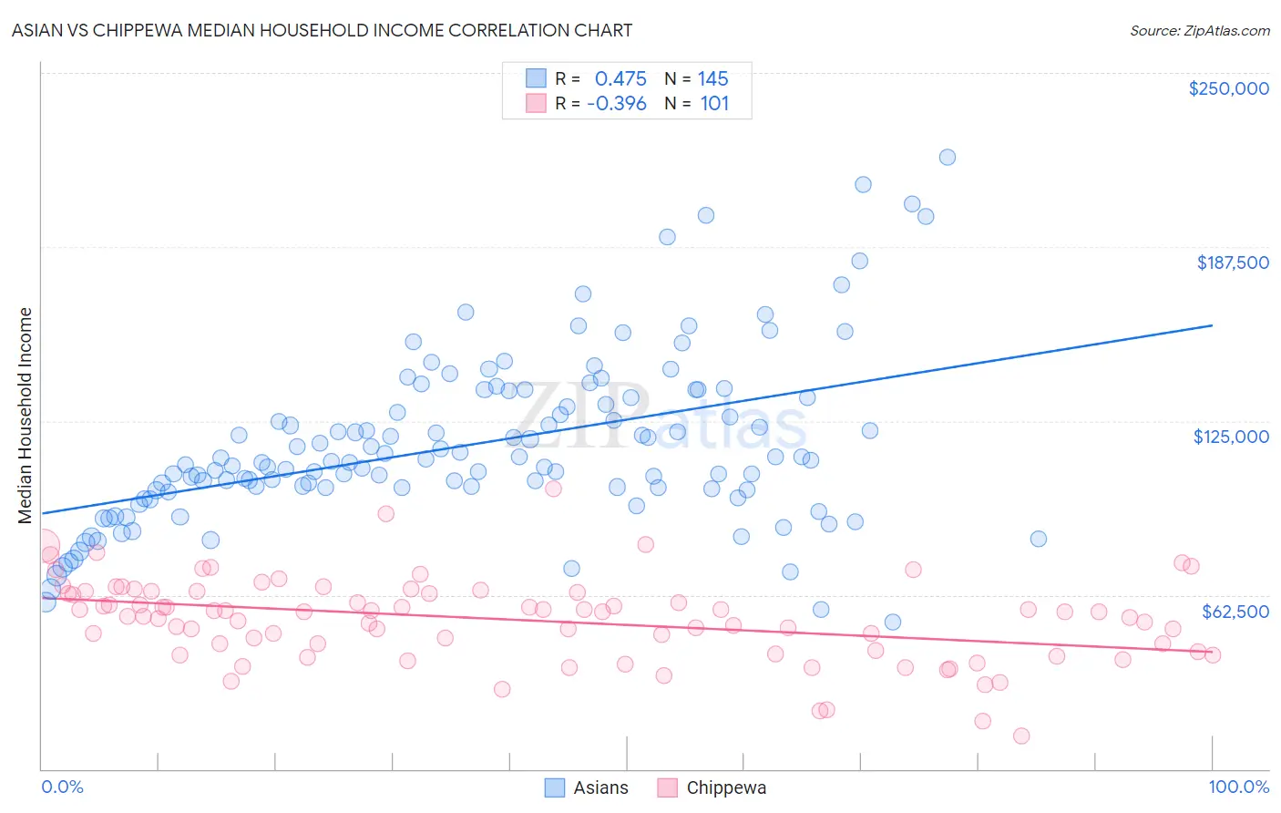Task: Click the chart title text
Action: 322,30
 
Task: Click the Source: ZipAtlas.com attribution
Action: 1199,31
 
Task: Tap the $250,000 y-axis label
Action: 1228,88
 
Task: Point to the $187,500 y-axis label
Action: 1232,262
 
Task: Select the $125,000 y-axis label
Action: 1231,437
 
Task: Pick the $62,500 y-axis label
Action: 1235,611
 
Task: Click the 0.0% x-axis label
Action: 62,787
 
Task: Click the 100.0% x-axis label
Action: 1238,787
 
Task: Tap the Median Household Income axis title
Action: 25,416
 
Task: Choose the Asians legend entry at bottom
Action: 587,787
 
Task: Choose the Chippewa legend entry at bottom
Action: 712,787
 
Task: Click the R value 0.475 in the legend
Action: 620,79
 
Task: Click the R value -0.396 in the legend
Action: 617,104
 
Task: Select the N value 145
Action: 712,79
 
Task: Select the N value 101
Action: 714,104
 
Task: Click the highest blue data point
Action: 948,157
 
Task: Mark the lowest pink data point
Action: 1021,736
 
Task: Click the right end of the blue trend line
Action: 1213,325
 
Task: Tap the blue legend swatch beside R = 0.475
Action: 536,78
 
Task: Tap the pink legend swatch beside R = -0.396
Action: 536,103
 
